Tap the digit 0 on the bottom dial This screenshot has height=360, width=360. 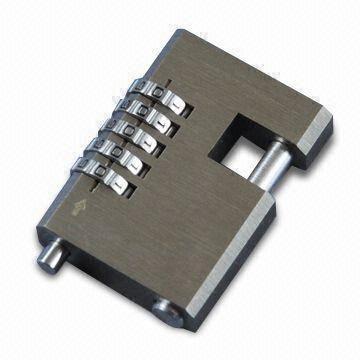[119, 181]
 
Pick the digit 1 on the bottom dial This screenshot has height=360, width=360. [140, 190]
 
